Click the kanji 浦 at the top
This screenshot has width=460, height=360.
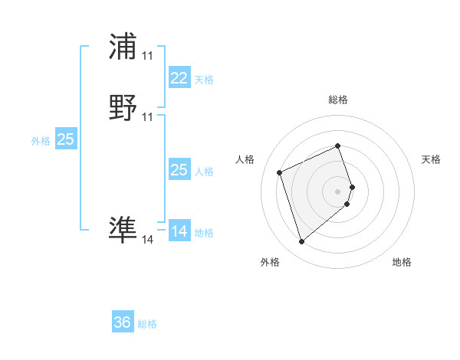(x=123, y=47)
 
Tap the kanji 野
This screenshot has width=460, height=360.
(x=123, y=108)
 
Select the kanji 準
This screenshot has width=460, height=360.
(x=123, y=229)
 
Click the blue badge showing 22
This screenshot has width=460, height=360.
(x=179, y=77)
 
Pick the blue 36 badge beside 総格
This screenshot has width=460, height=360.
(x=123, y=322)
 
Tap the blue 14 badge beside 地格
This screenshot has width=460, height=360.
(x=179, y=231)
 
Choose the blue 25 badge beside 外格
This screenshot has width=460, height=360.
(x=65, y=139)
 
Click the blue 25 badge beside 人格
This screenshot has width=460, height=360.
(x=179, y=170)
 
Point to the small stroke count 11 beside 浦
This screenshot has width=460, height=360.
(x=147, y=56)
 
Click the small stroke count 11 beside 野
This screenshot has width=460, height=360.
(x=147, y=117)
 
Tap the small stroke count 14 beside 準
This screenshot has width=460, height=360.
(x=147, y=240)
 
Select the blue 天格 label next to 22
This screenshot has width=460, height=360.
(x=204, y=80)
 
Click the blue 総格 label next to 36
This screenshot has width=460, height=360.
(x=147, y=324)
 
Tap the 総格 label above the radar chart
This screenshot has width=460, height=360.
(x=338, y=100)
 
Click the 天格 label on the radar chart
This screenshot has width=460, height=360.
(x=431, y=159)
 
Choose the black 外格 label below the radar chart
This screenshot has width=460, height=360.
(x=270, y=262)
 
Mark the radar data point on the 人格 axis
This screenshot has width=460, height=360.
(x=281, y=172)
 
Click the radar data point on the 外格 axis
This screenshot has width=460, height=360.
(x=302, y=242)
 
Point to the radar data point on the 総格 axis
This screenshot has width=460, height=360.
(x=338, y=146)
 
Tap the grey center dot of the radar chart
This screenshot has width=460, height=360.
(x=338, y=191)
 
